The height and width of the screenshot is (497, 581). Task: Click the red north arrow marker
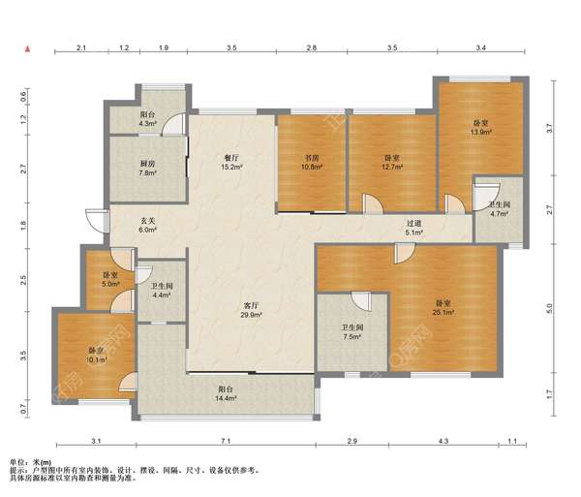click(x=27, y=49)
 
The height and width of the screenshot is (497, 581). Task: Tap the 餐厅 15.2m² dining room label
click(x=232, y=163)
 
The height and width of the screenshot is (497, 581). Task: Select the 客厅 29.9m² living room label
click(x=251, y=310)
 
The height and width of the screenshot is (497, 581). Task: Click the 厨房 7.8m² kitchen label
click(x=147, y=168)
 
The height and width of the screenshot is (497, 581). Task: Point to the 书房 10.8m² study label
click(x=312, y=163)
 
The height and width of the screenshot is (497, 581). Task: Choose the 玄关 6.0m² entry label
click(x=147, y=226)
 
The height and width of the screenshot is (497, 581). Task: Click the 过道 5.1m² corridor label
click(x=413, y=228)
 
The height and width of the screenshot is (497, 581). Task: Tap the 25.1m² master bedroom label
click(x=443, y=308)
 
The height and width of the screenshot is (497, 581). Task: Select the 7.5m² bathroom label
click(x=352, y=332)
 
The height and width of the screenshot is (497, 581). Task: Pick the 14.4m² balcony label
click(x=226, y=393)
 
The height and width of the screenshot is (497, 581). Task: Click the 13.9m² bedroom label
click(x=480, y=127)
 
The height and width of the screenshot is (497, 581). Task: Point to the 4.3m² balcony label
click(x=147, y=118)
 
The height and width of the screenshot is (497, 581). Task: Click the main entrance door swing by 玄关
click(x=96, y=221)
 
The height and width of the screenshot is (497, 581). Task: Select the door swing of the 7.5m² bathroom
click(x=360, y=301)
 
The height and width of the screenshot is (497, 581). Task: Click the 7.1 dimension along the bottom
click(x=226, y=441)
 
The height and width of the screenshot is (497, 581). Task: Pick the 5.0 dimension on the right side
click(x=549, y=308)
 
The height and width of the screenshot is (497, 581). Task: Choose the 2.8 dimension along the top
click(x=312, y=47)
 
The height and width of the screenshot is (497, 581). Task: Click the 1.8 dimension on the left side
click(x=23, y=226)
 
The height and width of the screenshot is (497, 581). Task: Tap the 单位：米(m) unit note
click(x=30, y=462)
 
